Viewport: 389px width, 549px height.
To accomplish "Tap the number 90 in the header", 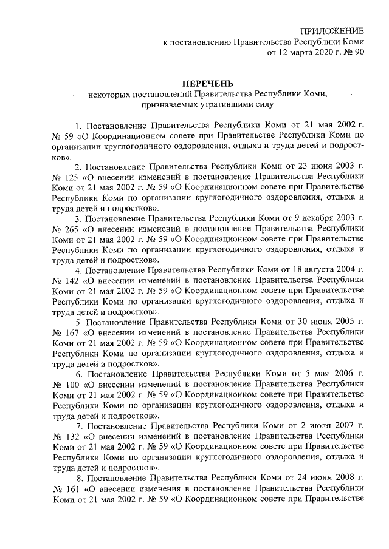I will click(x=359, y=53).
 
